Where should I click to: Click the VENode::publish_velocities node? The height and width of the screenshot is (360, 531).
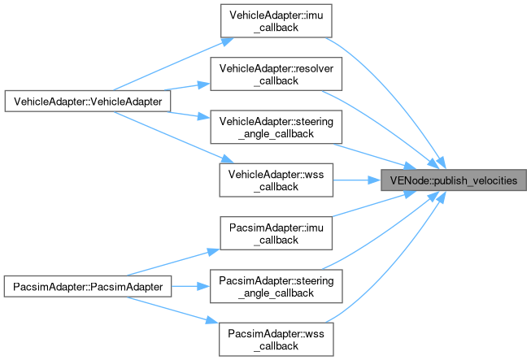pos(452,179)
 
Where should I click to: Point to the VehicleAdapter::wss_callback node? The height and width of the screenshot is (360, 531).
pos(276,179)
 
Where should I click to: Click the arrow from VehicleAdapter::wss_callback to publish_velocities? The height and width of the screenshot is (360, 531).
pos(358,179)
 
